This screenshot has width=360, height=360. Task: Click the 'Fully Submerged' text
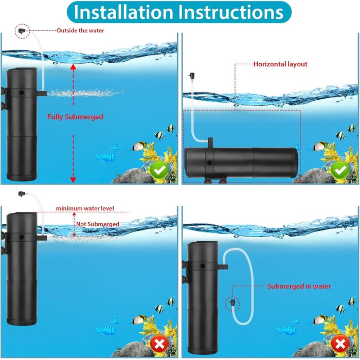pyautogui.click(x=75, y=117)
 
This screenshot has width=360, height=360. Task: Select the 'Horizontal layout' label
pyautogui.click(x=280, y=64)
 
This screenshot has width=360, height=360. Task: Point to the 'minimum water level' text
pyautogui.click(x=85, y=208)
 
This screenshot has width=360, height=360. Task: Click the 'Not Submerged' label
pyautogui.click(x=98, y=224)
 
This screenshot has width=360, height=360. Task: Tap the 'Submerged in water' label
pyautogui.click(x=299, y=286)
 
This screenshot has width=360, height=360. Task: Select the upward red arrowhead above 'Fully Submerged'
pyautogui.click(x=73, y=66)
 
